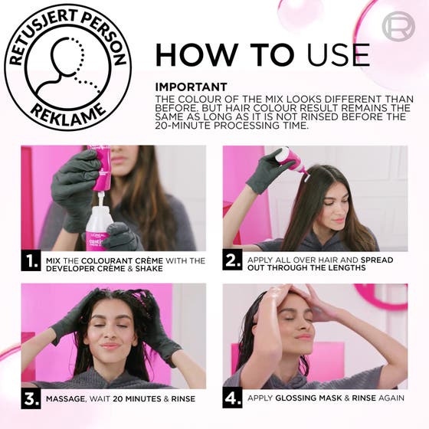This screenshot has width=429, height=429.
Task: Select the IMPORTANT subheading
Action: [191, 87]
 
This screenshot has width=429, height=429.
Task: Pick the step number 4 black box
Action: [233, 398]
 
